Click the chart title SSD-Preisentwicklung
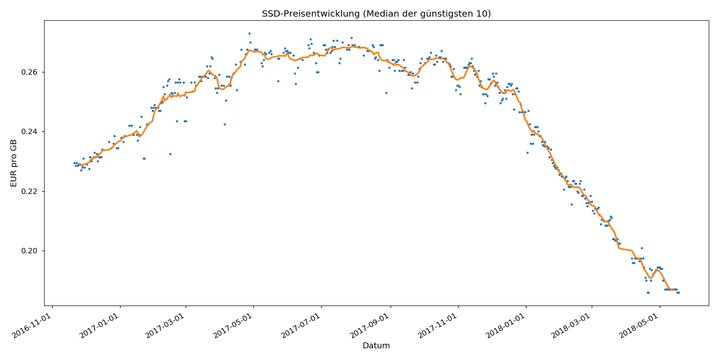click(x=310, y=14)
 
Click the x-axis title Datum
click(x=376, y=346)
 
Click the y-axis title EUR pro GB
click(x=13, y=163)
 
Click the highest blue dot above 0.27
click(x=249, y=33)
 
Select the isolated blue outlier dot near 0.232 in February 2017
click(x=170, y=154)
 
